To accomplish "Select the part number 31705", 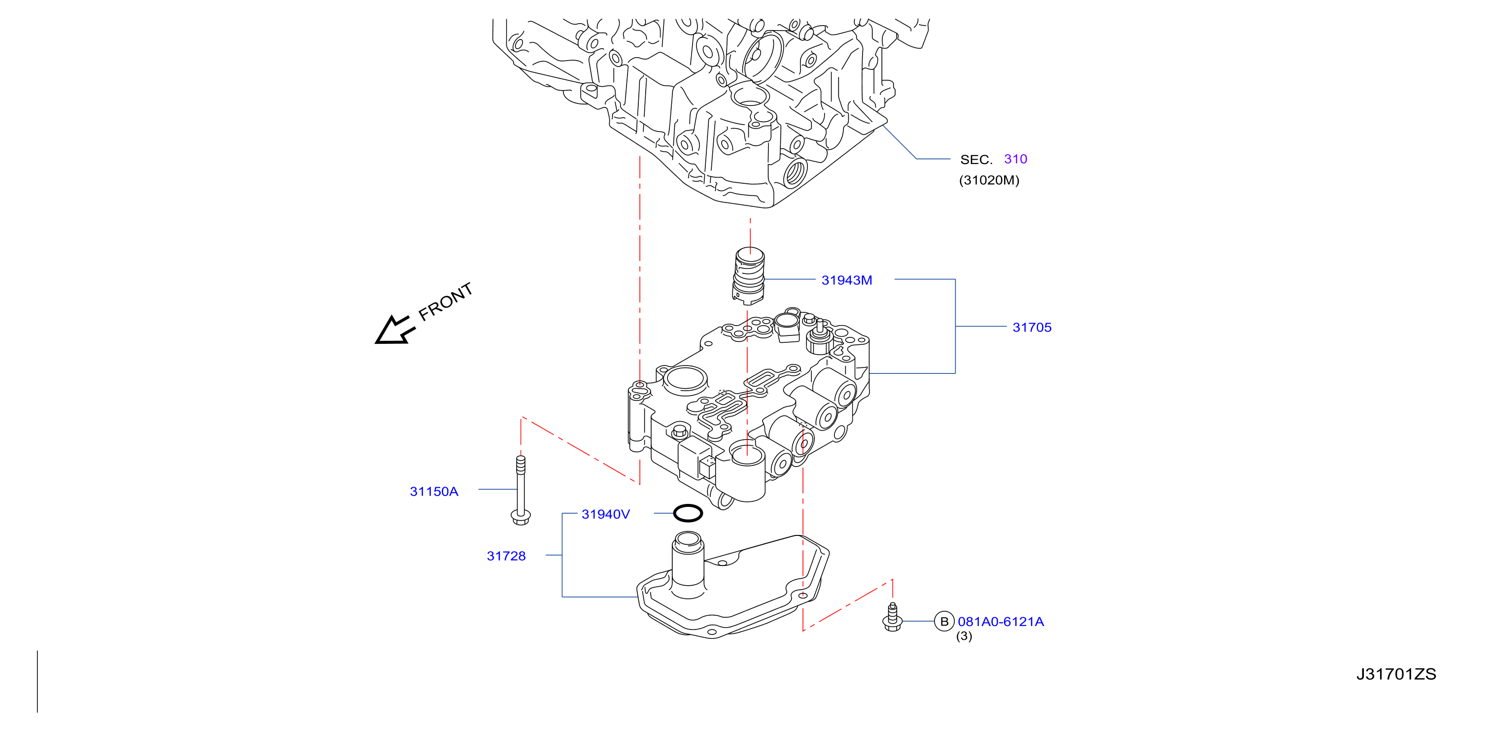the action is (x=1032, y=328).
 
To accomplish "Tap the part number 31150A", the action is (x=434, y=492).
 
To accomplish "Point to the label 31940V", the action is (x=605, y=514).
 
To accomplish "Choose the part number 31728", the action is (x=506, y=556).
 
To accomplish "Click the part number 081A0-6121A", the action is (x=1001, y=622).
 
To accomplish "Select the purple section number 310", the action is (x=1015, y=159).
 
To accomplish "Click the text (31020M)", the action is (x=989, y=180).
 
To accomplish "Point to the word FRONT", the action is (x=446, y=301).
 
